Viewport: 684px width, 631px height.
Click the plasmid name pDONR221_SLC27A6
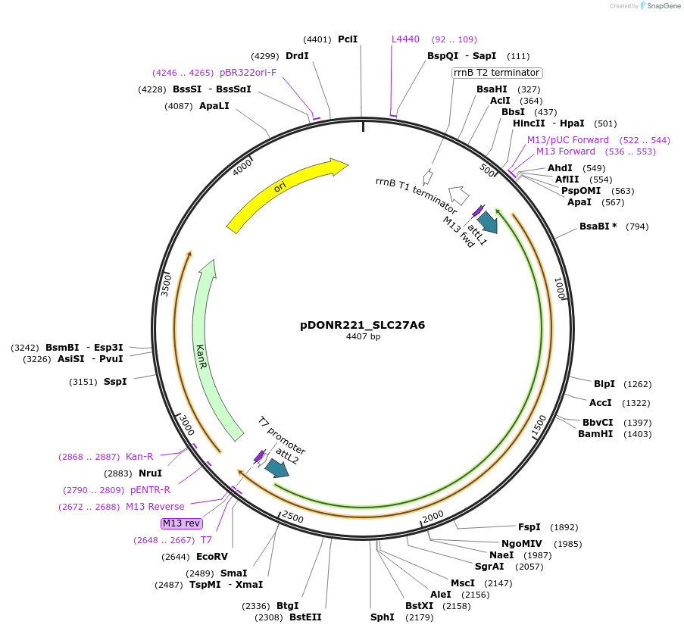[x=363, y=325]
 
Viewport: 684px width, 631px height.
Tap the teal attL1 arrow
[x=487, y=220]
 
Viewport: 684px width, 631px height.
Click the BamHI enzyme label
[x=595, y=434]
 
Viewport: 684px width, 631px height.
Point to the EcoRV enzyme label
[x=211, y=557]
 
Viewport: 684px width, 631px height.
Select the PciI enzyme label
[x=348, y=39]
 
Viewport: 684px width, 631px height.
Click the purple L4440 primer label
[x=405, y=39]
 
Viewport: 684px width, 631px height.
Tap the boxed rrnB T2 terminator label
[x=497, y=73]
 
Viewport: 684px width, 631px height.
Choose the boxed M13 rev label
[x=182, y=523]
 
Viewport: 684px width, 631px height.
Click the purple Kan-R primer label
[x=139, y=457]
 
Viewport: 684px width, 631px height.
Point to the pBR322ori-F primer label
[x=248, y=73]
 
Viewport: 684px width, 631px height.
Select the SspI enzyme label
[x=115, y=382]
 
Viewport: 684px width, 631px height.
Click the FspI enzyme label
[x=529, y=527]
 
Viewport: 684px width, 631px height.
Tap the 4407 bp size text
[x=363, y=336]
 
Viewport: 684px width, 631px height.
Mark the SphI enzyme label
[x=382, y=617]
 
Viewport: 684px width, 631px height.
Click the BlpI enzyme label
[x=604, y=384]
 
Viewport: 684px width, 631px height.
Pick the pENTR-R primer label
[x=150, y=490]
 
